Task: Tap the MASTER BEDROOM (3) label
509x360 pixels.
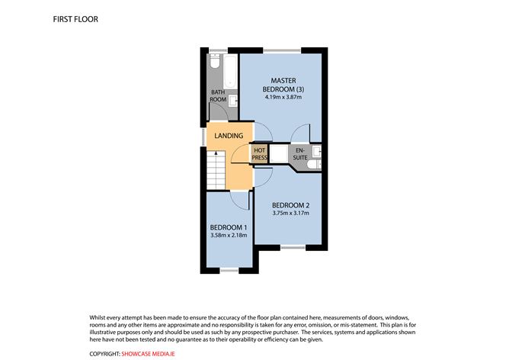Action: [x=280, y=85]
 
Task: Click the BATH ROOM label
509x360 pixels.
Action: [x=218, y=96]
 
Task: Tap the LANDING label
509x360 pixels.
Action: [x=229, y=136]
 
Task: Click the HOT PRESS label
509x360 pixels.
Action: [x=259, y=153]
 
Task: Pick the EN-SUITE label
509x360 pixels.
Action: [x=300, y=153]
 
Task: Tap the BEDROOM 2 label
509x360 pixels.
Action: [x=290, y=204]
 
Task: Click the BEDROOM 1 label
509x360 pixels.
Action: [x=229, y=227]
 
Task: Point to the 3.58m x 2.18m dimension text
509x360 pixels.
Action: [x=229, y=236]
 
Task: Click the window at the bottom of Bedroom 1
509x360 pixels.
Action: [x=229, y=271]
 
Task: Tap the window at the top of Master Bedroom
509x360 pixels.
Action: [x=276, y=51]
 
